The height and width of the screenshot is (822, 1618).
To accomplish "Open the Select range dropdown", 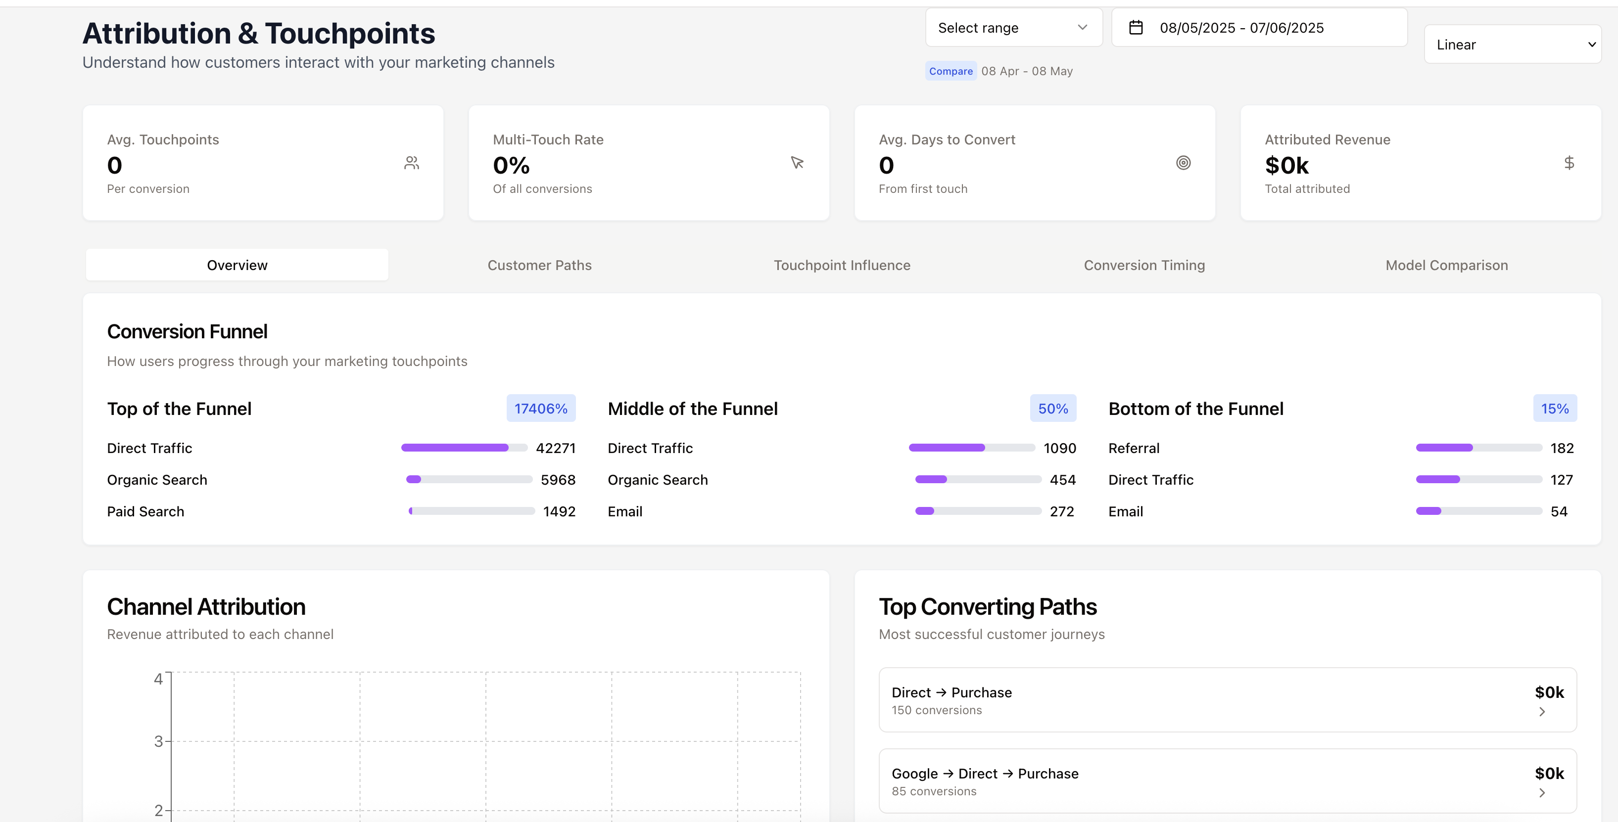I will coord(1013,28).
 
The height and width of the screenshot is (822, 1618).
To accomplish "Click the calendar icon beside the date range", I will coord(1136,28).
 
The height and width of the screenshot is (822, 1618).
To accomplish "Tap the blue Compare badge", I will coord(951,71).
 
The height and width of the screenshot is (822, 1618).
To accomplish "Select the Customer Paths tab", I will coord(539,265).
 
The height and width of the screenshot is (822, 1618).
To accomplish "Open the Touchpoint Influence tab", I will coord(842,265).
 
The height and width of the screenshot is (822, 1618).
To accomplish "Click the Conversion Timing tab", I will coord(1144,265).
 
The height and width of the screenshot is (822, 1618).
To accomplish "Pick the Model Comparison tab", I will coord(1446,265).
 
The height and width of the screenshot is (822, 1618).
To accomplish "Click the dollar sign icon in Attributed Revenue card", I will coord(1569,163).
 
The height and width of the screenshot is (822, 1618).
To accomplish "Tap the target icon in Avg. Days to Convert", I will coord(1183,163).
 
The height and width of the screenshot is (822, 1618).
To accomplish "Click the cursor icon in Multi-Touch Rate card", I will coord(797,163).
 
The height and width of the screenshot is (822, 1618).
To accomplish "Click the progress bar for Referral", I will coord(1478,448).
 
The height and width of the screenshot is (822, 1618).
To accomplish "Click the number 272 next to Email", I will coord(1061,512).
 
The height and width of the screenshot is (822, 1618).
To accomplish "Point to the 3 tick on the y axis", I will coord(159,741).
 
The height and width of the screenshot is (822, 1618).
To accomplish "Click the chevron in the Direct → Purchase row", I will coord(1541,712).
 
